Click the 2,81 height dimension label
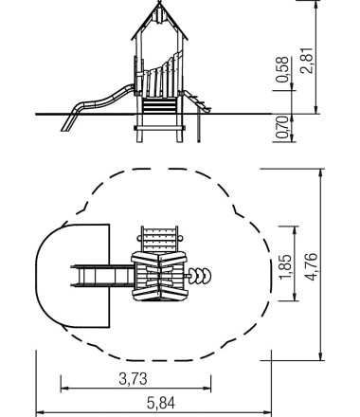307,61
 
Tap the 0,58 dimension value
282,69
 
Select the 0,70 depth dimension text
282,127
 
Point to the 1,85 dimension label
286,266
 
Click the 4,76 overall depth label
311,266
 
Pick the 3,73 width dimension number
133,378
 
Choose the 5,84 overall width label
160,403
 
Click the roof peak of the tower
159,3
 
